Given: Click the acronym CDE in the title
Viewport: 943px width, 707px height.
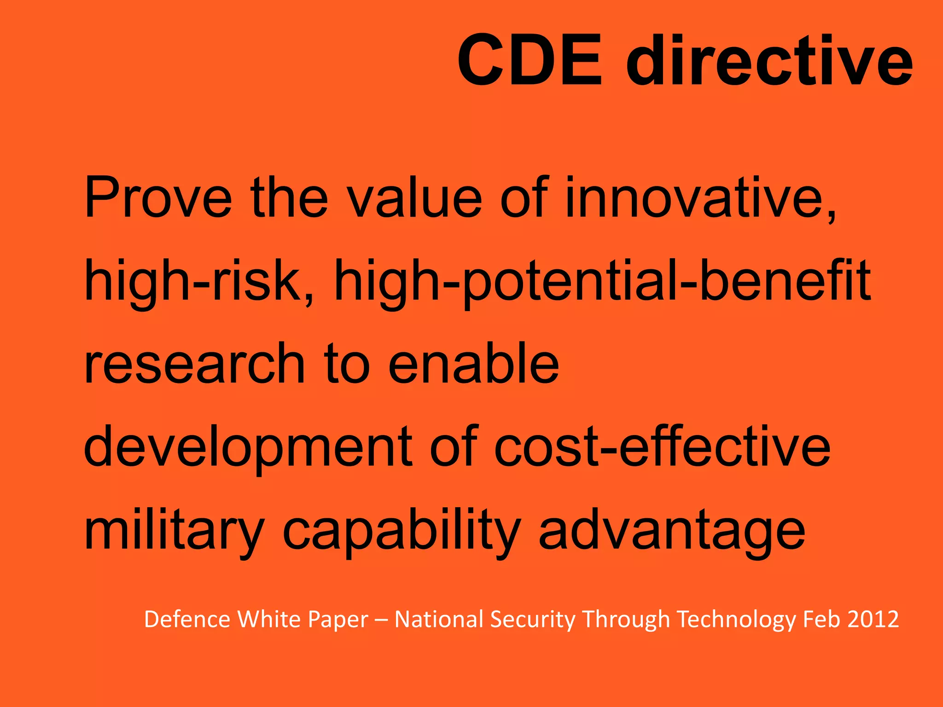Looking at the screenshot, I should click(530, 60).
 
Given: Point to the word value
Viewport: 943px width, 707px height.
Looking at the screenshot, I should click(414, 197).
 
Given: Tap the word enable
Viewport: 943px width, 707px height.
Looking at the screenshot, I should click(474, 364).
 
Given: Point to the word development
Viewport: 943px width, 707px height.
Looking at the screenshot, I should click(248, 447).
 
